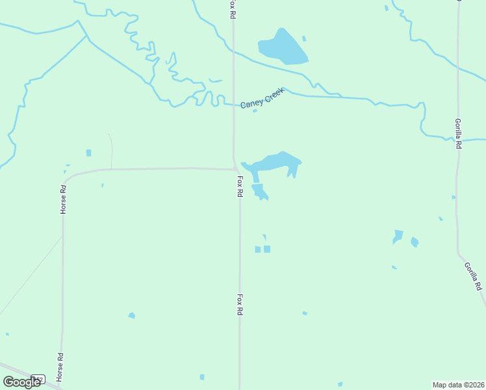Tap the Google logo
tap(21, 382)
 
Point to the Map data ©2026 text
tap(459, 385)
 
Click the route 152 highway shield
tap(38, 378)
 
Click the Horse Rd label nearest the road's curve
tap(63, 200)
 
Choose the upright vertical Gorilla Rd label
tap(458, 133)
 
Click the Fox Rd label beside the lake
tap(240, 187)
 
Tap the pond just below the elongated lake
tap(259, 191)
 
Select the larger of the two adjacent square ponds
tap(267, 249)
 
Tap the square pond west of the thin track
tap(88, 153)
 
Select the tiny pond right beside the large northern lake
tap(304, 38)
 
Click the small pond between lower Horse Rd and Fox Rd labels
tap(131, 315)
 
